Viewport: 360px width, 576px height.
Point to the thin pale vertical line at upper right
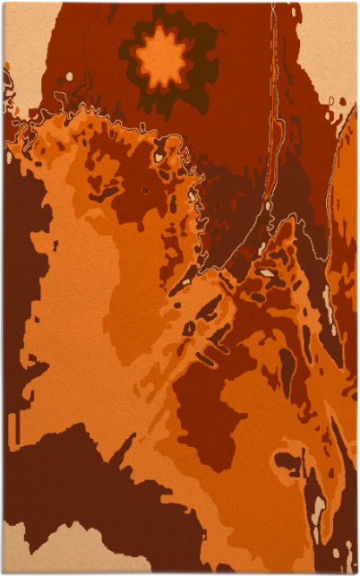[x=277, y=90]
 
